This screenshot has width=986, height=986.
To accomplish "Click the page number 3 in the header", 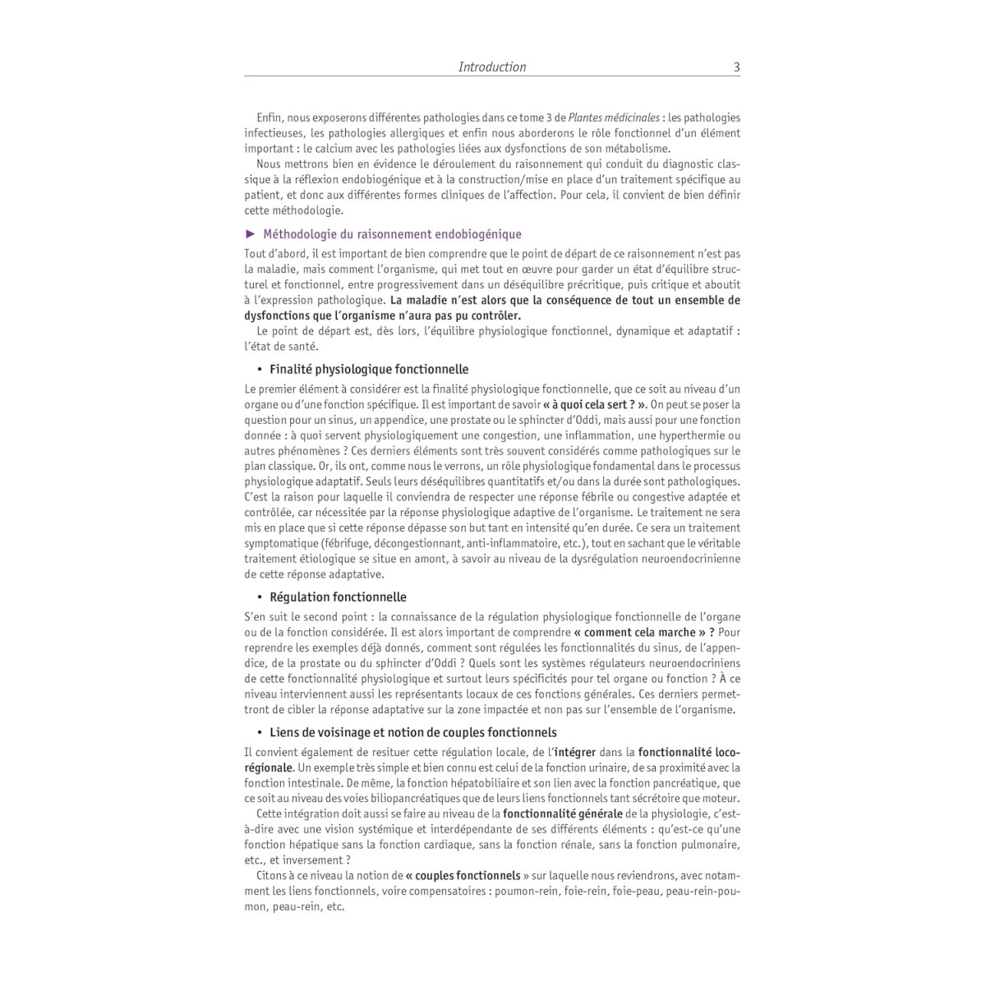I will click(x=736, y=67).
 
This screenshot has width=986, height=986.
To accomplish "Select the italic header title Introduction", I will click(x=492, y=67).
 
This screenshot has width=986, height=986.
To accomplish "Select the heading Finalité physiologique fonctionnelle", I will click(x=369, y=370).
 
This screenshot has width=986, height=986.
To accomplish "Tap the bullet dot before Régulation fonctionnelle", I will click(x=259, y=597).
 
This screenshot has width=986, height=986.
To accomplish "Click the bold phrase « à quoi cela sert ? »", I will click(x=595, y=404).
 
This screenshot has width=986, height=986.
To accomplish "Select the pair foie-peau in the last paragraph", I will click(x=635, y=892).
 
